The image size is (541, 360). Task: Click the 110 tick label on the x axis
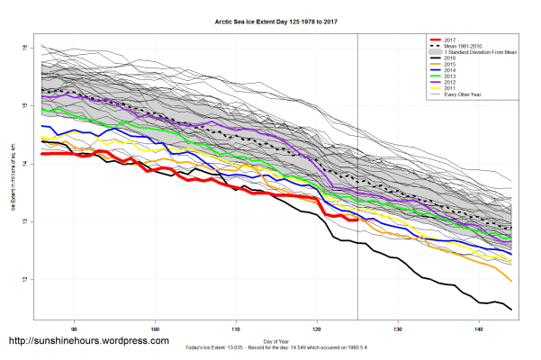236,328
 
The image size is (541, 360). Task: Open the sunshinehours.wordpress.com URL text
88,341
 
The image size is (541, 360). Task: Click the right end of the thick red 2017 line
357,219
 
